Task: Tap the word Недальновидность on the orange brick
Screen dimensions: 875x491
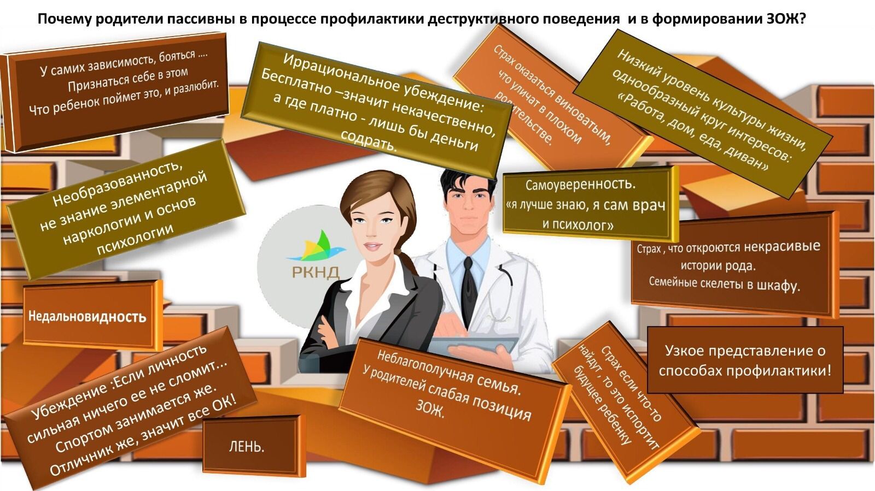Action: (x=87, y=316)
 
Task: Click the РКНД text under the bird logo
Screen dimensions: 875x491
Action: (x=316, y=272)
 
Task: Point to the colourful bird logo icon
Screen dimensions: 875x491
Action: (x=316, y=246)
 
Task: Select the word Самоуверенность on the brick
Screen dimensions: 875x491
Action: (x=580, y=184)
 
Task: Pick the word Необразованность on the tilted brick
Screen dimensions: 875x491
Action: (x=117, y=183)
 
